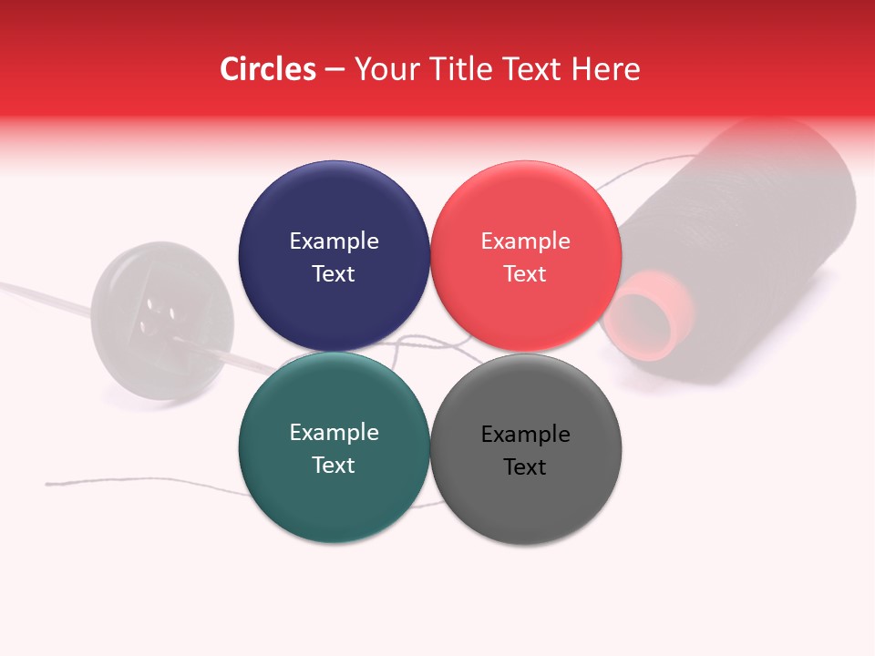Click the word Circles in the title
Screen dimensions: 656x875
pyautogui.click(x=267, y=69)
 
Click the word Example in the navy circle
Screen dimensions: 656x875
pyautogui.click(x=334, y=241)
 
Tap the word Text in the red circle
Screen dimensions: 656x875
pyautogui.click(x=525, y=273)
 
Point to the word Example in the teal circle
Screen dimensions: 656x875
pyautogui.click(x=334, y=432)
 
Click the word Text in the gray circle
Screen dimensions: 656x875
pyautogui.click(x=525, y=466)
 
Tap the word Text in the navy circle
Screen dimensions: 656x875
pyautogui.click(x=334, y=273)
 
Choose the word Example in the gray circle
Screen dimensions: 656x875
pyautogui.click(x=525, y=434)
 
